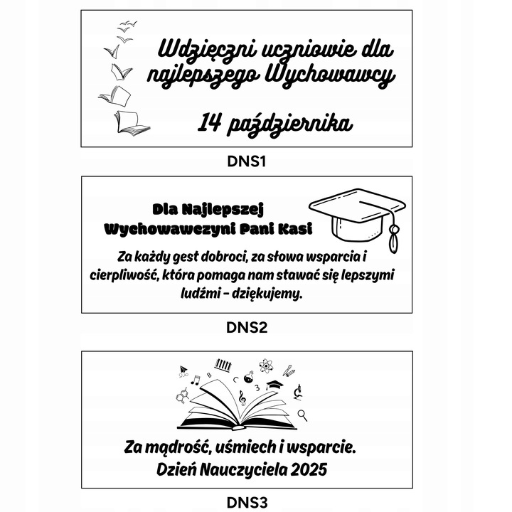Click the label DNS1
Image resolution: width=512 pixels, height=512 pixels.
click(x=247, y=161)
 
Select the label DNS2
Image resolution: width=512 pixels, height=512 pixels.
click(x=247, y=328)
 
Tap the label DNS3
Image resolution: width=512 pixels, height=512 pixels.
click(x=247, y=503)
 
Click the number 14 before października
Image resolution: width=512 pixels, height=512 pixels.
click(x=209, y=122)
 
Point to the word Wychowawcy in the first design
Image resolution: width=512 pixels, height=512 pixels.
click(x=331, y=75)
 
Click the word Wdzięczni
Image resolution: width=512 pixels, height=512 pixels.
click(x=208, y=50)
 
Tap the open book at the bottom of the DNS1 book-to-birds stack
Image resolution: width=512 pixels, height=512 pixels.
click(x=132, y=122)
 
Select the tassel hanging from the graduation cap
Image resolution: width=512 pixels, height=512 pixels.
click(x=393, y=233)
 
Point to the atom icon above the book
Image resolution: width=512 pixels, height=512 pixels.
click(x=267, y=366)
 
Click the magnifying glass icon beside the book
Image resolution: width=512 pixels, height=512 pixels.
click(x=302, y=415)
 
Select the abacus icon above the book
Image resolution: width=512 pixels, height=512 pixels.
click(x=224, y=364)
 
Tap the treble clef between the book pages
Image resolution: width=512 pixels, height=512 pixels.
click(x=242, y=398)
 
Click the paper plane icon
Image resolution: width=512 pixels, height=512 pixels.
click(x=183, y=370)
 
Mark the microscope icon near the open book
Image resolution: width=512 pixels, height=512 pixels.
click(x=298, y=392)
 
